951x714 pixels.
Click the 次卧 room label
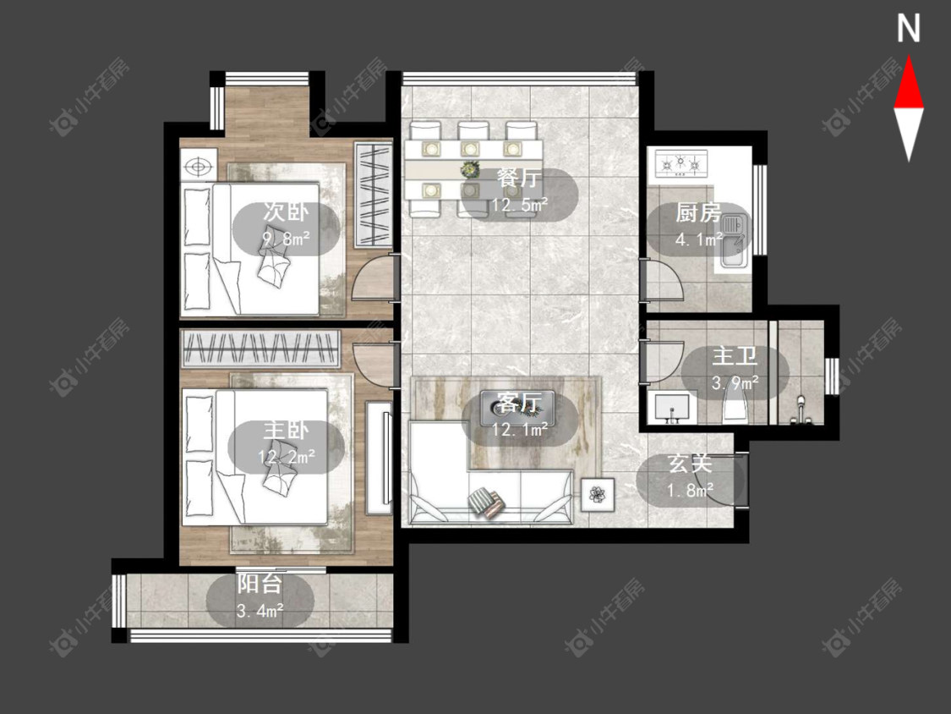[x=286, y=212]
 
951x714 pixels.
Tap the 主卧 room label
[x=286, y=431]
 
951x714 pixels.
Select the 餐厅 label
[x=519, y=178]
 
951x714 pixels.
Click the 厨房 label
[x=699, y=213]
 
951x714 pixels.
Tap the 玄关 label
[x=690, y=464]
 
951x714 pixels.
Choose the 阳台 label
[x=260, y=584]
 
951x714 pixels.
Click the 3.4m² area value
[x=260, y=611]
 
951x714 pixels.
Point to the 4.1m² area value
[x=699, y=239]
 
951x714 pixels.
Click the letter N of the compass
[x=909, y=29]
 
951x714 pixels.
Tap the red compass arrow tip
[x=909, y=57]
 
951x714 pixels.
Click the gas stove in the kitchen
[x=680, y=163]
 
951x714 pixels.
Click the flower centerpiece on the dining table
[x=468, y=169]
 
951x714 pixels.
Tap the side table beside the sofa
[x=598, y=495]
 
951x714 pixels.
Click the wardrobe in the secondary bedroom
[x=373, y=195]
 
